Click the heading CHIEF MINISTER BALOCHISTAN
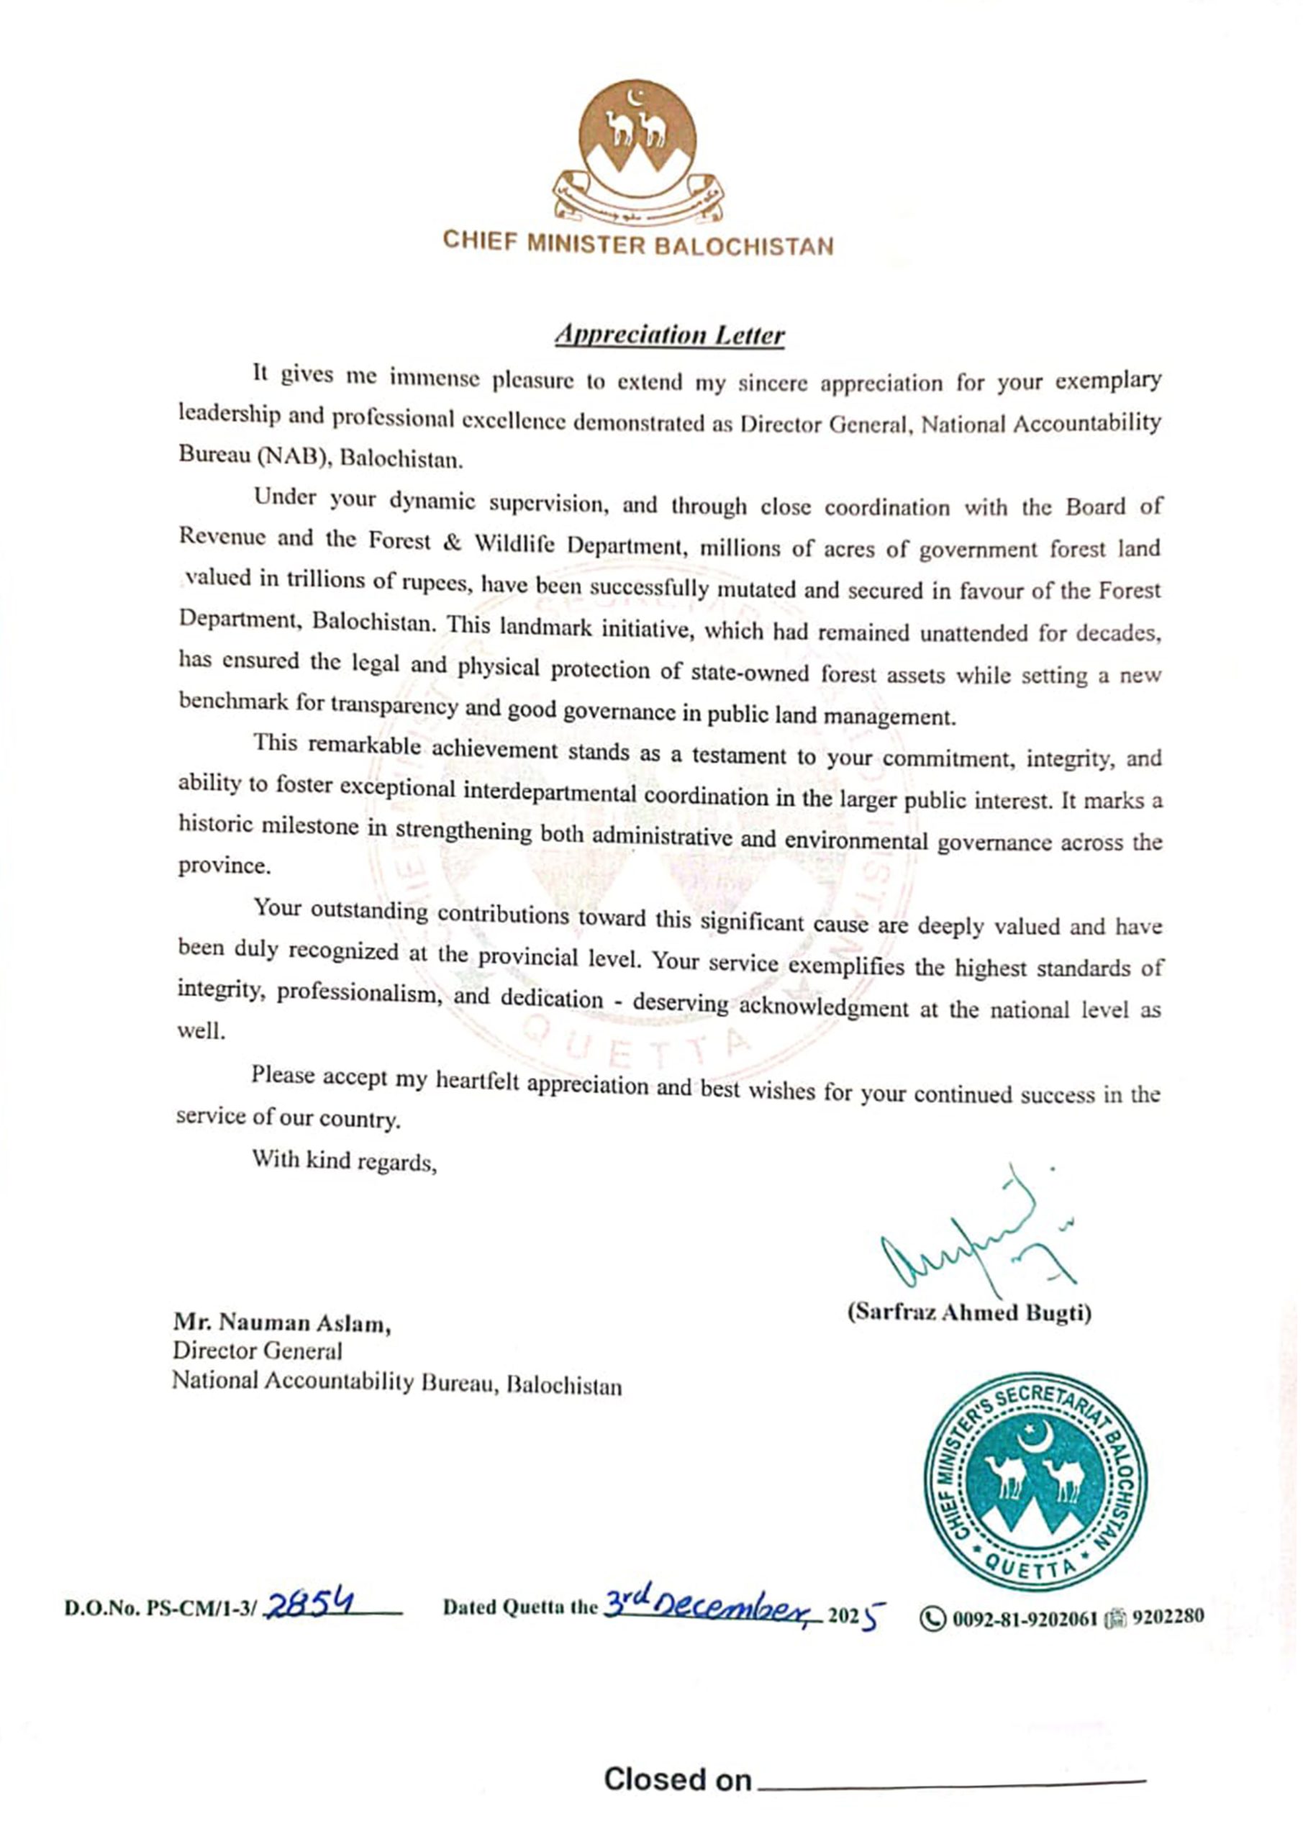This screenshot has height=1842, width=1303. point(638,242)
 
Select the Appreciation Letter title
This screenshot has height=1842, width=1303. point(669,335)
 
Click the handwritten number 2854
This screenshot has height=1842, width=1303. point(309,1605)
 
